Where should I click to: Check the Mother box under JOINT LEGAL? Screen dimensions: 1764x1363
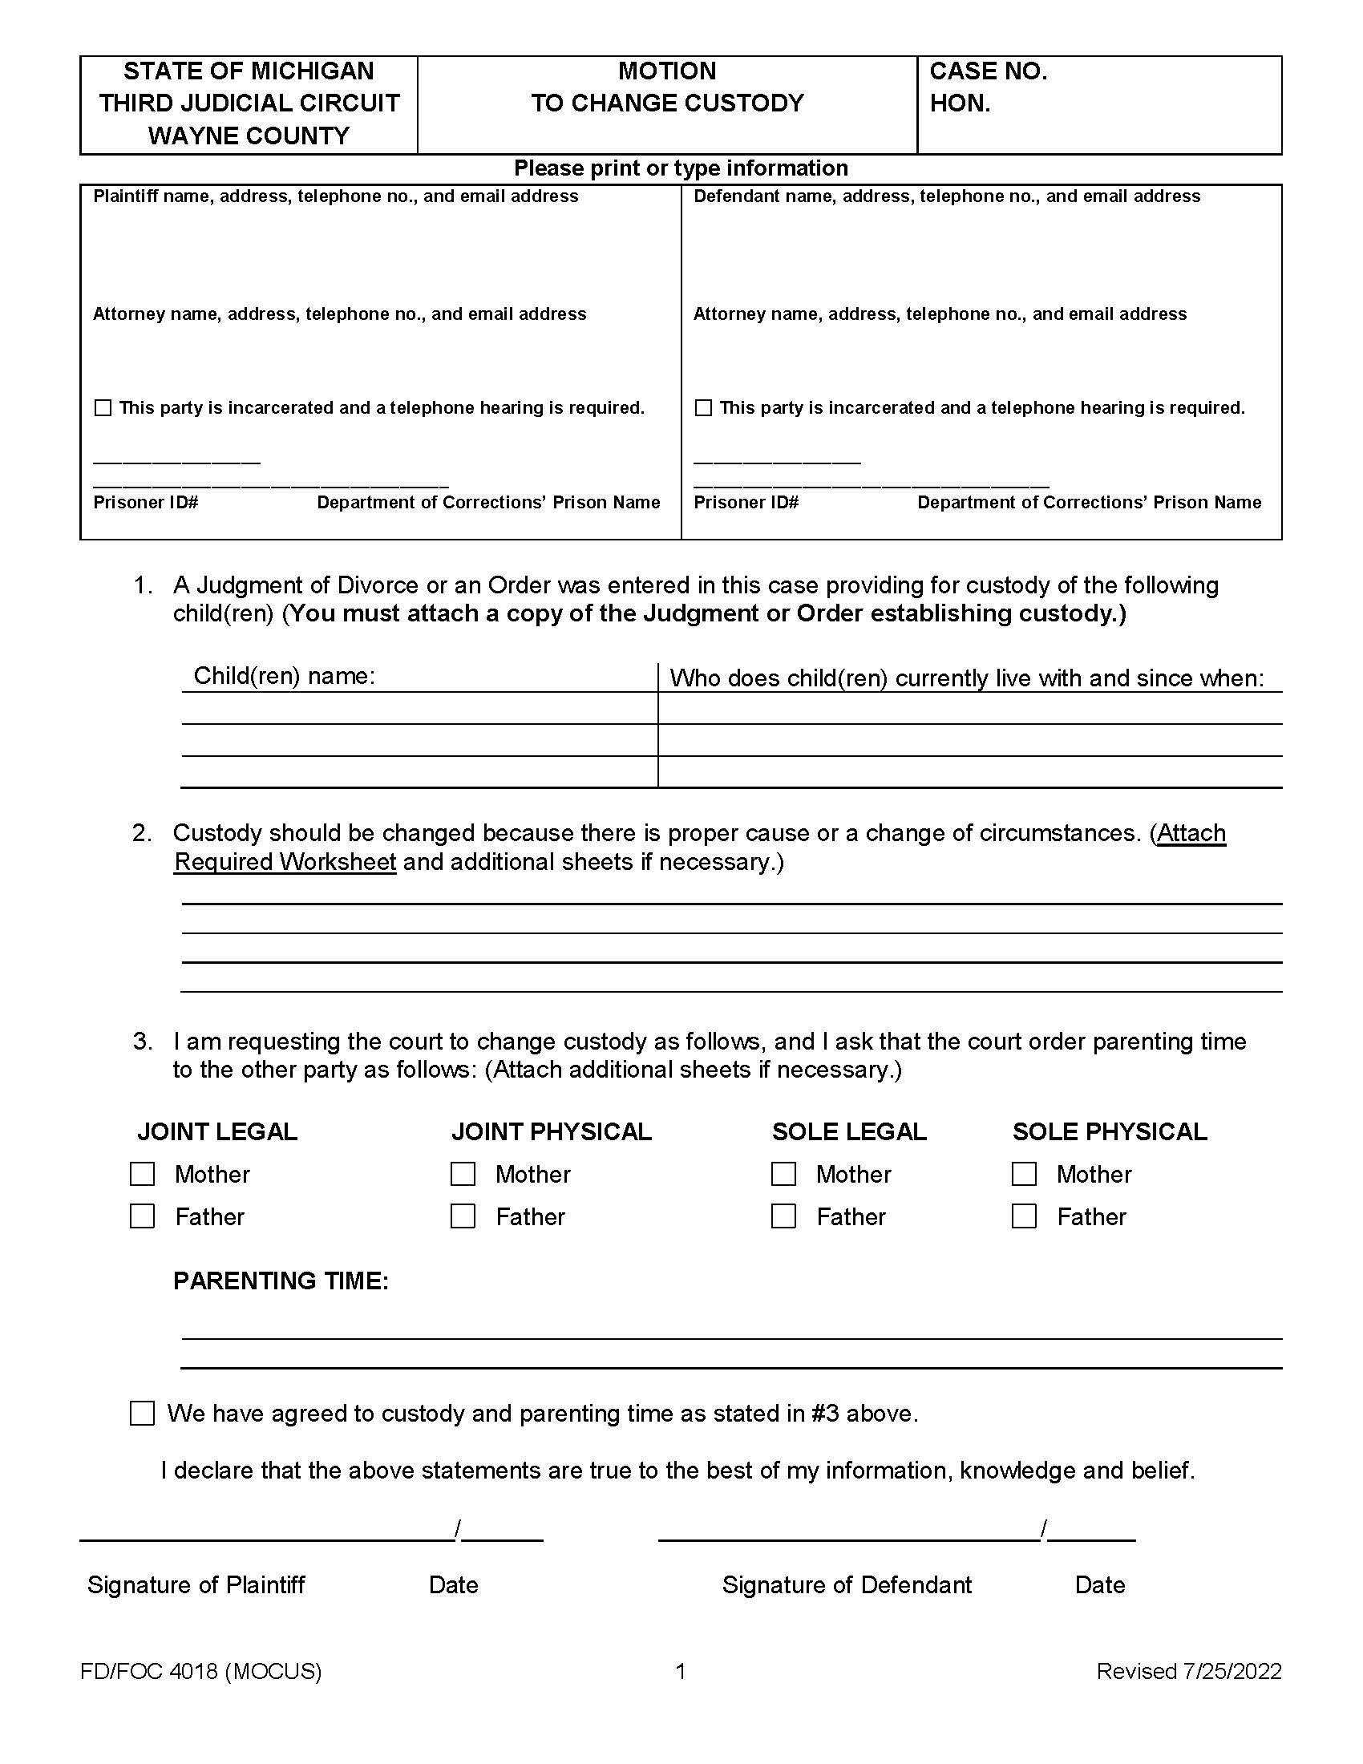[x=142, y=1174]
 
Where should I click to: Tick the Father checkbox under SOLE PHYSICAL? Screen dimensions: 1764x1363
[x=1024, y=1216]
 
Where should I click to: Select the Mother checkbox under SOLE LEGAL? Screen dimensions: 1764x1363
[x=783, y=1174]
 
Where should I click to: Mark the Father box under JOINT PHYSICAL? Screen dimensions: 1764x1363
[x=463, y=1216]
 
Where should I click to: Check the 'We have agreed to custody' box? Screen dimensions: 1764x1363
[x=142, y=1414]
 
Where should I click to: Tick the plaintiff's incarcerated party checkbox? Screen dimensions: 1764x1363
[x=103, y=408]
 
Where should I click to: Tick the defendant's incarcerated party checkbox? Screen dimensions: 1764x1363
[x=703, y=408]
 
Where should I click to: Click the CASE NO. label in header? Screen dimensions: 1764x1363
[x=988, y=71]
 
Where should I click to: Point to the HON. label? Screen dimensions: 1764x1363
[x=959, y=103]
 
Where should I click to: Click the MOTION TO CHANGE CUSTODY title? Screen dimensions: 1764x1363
[x=667, y=87]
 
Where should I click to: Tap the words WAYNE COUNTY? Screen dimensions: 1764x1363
[x=249, y=136]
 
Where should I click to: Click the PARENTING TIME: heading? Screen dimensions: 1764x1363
[x=280, y=1281]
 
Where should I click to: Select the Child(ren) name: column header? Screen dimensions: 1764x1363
[x=285, y=676]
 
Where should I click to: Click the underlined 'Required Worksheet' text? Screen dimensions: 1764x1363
[x=285, y=862]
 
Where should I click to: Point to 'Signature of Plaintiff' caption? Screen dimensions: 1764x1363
[x=196, y=1584]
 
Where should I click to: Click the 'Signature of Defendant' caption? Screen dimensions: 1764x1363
[x=846, y=1584]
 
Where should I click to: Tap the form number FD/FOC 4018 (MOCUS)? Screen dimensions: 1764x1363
[x=200, y=1671]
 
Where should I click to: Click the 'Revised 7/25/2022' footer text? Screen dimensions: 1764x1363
[x=1188, y=1671]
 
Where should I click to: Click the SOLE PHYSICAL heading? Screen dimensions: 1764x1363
[x=1110, y=1131]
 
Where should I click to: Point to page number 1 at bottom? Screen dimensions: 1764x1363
[x=681, y=1671]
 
